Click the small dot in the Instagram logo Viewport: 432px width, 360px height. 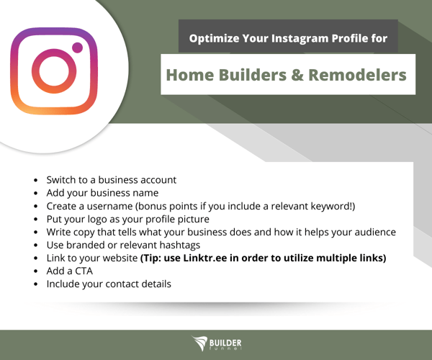click(x=78, y=48)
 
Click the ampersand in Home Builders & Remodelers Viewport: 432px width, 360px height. click(x=297, y=75)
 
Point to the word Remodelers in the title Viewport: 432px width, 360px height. click(x=357, y=75)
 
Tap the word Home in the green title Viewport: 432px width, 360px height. click(x=190, y=75)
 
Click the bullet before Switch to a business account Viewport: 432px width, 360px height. click(x=35, y=180)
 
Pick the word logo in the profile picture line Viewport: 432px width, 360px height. click(x=97, y=220)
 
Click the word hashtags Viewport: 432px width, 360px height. click(x=180, y=245)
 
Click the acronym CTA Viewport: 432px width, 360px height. click(x=84, y=271)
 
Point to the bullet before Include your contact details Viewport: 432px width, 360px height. click(x=35, y=284)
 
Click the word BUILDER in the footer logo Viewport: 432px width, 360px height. click(x=225, y=343)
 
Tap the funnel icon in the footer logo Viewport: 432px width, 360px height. click(x=199, y=343)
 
